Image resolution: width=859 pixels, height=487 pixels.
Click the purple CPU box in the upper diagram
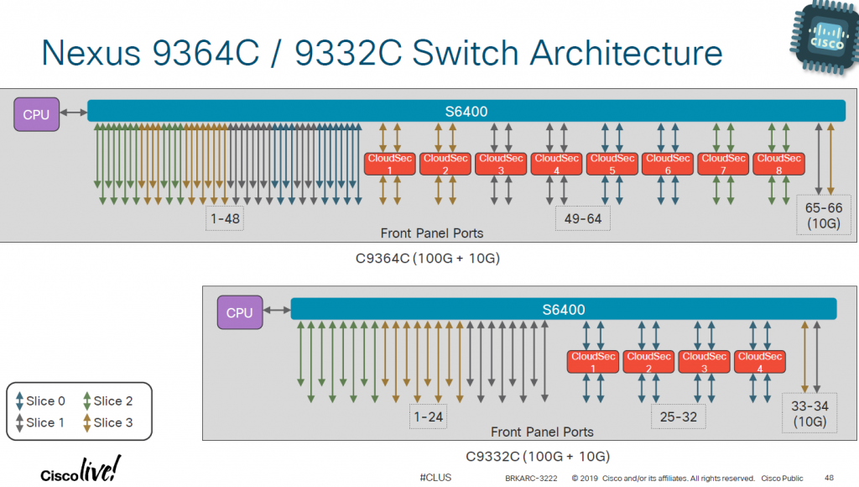pyautogui.click(x=36, y=114)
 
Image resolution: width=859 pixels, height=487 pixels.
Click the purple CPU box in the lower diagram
pyautogui.click(x=239, y=312)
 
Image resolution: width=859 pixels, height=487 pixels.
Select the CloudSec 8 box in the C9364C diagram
pyautogui.click(x=777, y=164)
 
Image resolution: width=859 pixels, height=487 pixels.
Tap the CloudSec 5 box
pyautogui.click(x=612, y=164)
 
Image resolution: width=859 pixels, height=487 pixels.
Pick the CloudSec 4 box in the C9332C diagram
pyautogui.click(x=760, y=362)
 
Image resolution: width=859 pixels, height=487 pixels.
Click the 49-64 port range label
pyautogui.click(x=583, y=219)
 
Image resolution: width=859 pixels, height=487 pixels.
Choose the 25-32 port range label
pyautogui.click(x=679, y=416)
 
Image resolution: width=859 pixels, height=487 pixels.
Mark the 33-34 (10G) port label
pyautogui.click(x=810, y=413)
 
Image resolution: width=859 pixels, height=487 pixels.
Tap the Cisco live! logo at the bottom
pyautogui.click(x=81, y=469)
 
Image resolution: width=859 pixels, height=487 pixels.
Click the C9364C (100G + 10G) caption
pyautogui.click(x=428, y=258)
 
